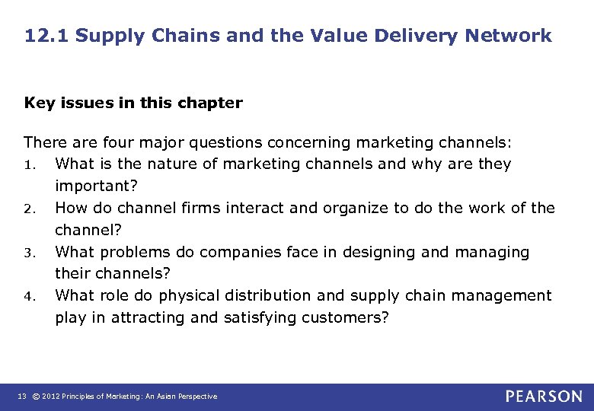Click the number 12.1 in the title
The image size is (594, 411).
[x=45, y=36]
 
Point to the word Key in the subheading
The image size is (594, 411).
[x=38, y=104]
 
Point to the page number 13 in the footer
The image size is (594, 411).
[x=21, y=397]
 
